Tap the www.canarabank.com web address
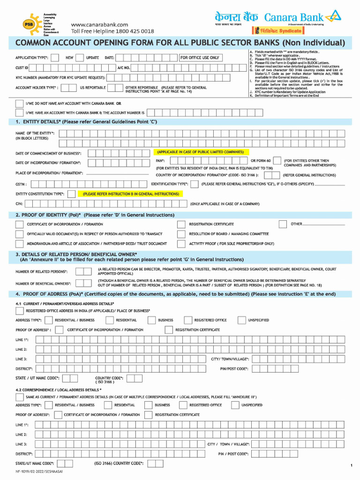99,24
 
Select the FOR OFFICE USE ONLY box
200,58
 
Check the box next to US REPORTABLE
112,88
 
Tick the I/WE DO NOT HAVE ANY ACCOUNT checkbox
19,103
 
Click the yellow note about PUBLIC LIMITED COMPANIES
200,152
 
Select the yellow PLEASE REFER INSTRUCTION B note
131,194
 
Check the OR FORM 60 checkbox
277,161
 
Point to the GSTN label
21,185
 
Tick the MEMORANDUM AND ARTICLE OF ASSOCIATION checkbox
19,244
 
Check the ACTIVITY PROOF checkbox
181,244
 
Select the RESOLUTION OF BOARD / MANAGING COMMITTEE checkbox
181,234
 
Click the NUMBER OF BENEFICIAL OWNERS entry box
83,283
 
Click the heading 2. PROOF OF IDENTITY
95,215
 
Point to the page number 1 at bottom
351,465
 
